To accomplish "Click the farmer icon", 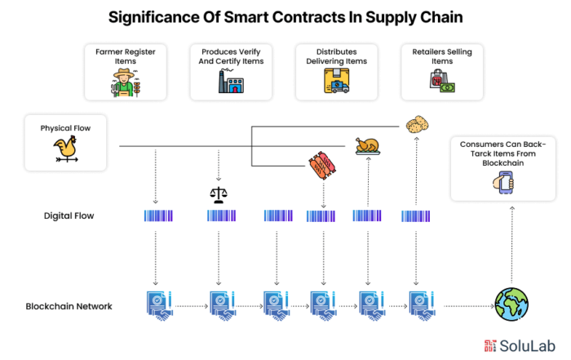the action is coord(126,82).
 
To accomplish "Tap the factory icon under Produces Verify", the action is coord(231,81).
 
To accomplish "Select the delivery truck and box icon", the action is coord(336,81).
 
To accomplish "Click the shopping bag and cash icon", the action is coord(442,81).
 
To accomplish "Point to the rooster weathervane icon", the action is coord(66,149).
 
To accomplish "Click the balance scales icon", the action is coord(219,195).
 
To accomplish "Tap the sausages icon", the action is coord(322,166).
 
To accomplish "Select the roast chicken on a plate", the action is coord(368,146).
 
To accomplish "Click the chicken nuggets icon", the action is coord(417,125).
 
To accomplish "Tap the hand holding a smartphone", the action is coord(503,182).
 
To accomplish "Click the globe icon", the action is coord(511,304).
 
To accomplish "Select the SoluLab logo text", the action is coord(527,346).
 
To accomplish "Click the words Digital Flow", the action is coord(69,216).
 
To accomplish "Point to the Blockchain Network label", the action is coord(69,306).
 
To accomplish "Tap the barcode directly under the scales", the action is coord(221,216).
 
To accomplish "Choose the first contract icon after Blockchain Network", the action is coord(159,305).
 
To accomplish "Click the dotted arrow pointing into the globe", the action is coord(469,306).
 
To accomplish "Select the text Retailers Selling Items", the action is coord(442,56).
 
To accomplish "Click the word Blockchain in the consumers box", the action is coord(503,163).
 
